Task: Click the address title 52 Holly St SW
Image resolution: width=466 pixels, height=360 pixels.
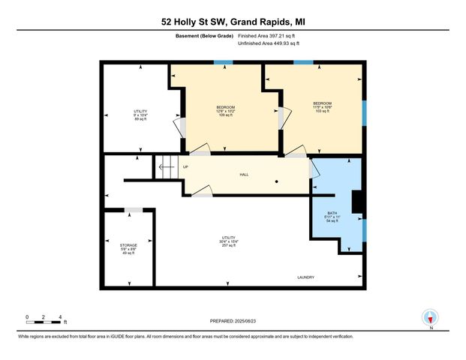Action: (233, 22)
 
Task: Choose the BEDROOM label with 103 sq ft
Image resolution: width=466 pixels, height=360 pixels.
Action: (322, 106)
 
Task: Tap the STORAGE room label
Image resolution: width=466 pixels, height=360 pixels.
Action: (128, 248)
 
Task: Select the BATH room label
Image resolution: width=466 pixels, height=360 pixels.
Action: (332, 217)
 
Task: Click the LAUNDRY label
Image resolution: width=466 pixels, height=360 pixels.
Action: (305, 277)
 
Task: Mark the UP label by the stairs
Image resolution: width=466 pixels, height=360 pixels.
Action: (185, 166)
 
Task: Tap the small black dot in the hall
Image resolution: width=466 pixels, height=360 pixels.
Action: (276, 181)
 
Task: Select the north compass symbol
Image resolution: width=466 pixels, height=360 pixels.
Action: (430, 317)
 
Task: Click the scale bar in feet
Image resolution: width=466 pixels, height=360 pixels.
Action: (43, 322)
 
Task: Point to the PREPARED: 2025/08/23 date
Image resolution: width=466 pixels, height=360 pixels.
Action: (233, 320)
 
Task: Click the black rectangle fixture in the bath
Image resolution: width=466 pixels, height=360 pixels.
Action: (357, 200)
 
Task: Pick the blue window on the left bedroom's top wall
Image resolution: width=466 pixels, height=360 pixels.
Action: (218, 62)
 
